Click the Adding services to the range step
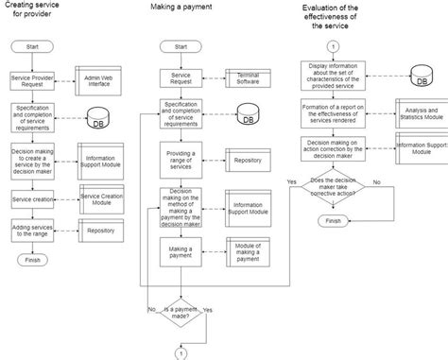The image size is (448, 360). (x=33, y=230)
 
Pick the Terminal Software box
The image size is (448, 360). (x=247, y=78)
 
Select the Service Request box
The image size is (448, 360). (x=182, y=78)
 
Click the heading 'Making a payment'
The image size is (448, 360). (x=181, y=8)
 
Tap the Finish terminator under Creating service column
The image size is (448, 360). (x=33, y=259)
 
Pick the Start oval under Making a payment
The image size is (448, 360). (x=182, y=45)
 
